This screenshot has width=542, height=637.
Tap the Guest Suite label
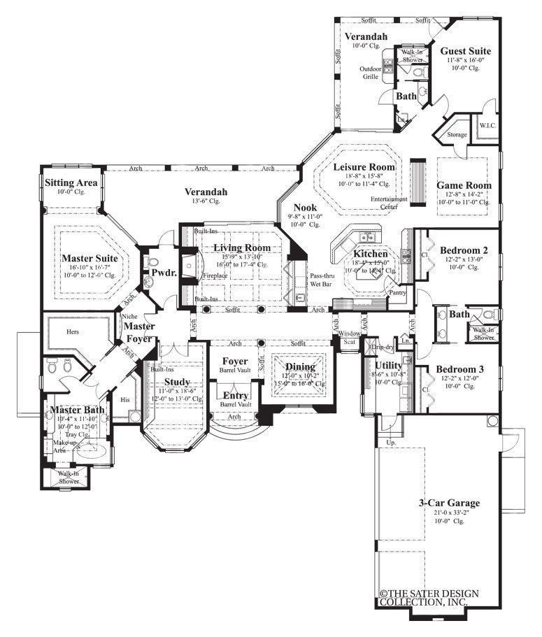pyautogui.click(x=465, y=51)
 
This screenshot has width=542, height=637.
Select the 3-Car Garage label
pyautogui.click(x=449, y=502)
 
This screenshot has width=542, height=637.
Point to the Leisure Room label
pyautogui.click(x=364, y=167)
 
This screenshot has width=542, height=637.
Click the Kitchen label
pyautogui.click(x=370, y=253)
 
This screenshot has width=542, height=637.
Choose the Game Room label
pyautogui.click(x=464, y=185)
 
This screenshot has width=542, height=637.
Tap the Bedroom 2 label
pyautogui.click(x=464, y=250)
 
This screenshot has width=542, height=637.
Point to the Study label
pyautogui.click(x=177, y=382)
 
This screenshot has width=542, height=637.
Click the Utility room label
pyautogui.click(x=387, y=365)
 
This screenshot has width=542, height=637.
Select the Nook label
pyautogui.click(x=305, y=208)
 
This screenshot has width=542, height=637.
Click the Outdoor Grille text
pyautogui.click(x=370, y=73)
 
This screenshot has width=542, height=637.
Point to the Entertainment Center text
pyautogui.click(x=390, y=203)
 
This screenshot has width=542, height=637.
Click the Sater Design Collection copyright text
pyautogui.click(x=430, y=598)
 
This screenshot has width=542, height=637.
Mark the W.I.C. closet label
pyautogui.click(x=487, y=126)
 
